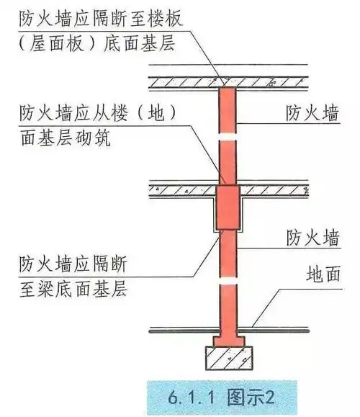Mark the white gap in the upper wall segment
click(227, 135)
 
